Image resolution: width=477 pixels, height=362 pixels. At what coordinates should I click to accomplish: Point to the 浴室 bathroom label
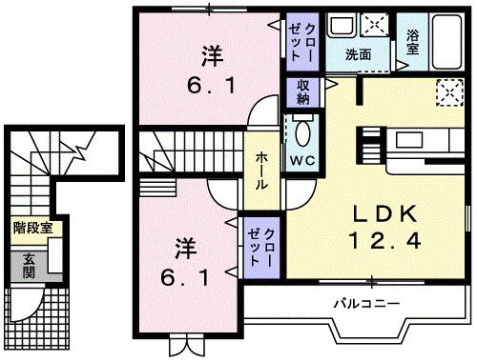point(413,44)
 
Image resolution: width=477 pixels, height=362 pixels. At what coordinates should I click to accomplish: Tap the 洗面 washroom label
point(359,54)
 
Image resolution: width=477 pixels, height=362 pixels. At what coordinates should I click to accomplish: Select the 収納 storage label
point(299,93)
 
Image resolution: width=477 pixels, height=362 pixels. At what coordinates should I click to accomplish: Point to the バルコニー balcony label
point(366,305)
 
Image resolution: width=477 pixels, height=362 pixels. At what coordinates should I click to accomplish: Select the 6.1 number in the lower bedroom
point(184,281)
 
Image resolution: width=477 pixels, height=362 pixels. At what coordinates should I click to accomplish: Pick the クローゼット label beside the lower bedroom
point(261,248)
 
